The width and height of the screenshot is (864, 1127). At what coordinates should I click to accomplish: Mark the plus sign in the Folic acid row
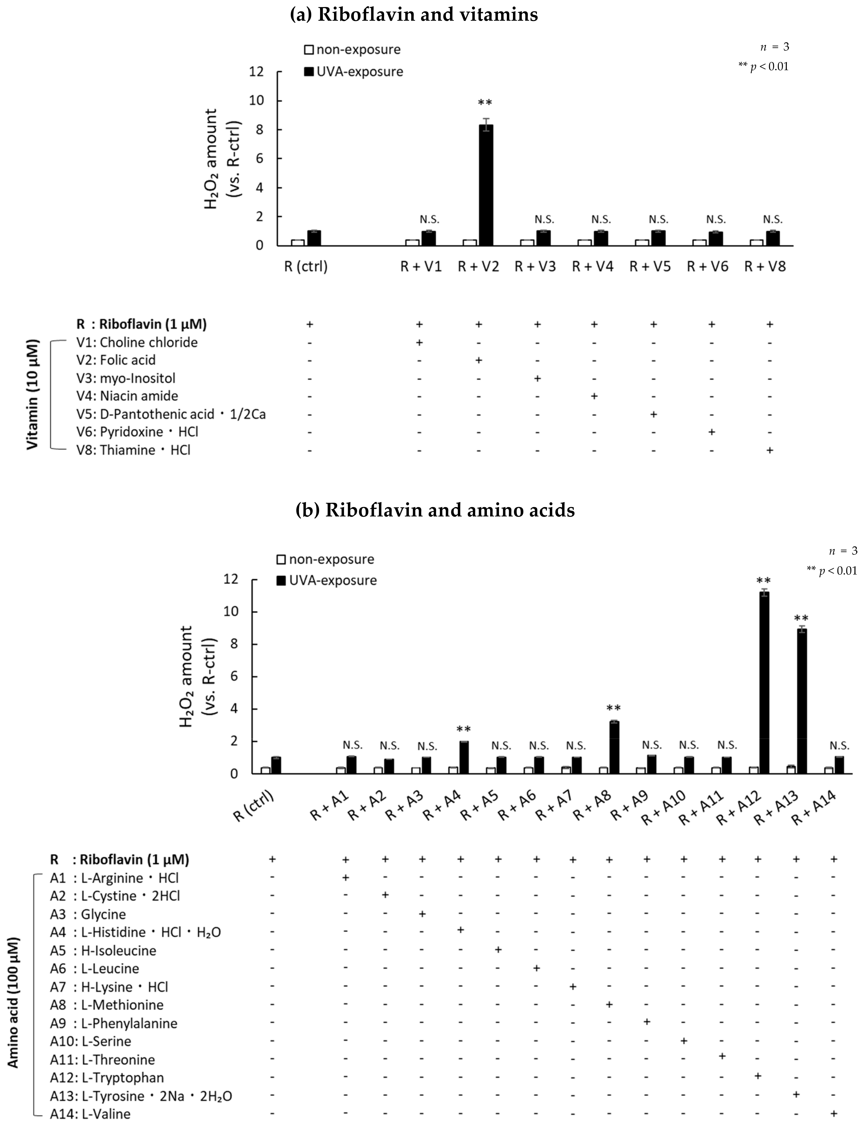pos(478,360)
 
